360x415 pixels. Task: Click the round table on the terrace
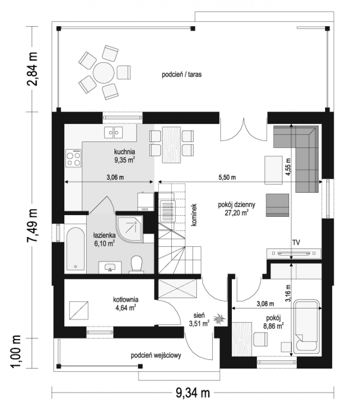[x=103, y=73]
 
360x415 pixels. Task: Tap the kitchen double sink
[x=113, y=132]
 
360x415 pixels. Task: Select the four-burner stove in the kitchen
[x=73, y=158]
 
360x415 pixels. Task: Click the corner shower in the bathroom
[x=129, y=229]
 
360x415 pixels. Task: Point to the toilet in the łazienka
[x=136, y=264]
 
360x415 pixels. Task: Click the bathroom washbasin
[x=110, y=267]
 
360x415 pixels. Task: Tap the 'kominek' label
[x=194, y=215]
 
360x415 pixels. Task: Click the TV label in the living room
[x=296, y=242]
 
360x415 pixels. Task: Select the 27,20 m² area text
[x=237, y=213]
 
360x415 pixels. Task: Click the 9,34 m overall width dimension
[x=193, y=393]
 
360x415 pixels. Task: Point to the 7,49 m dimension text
[x=32, y=225]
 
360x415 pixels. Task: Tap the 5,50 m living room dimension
[x=227, y=177]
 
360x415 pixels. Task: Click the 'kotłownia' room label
[x=126, y=299]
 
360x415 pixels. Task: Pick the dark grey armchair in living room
[x=277, y=205]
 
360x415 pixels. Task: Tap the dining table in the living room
[x=171, y=145]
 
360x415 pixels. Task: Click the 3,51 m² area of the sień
[x=199, y=324]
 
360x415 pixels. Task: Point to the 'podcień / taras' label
[x=181, y=75]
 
